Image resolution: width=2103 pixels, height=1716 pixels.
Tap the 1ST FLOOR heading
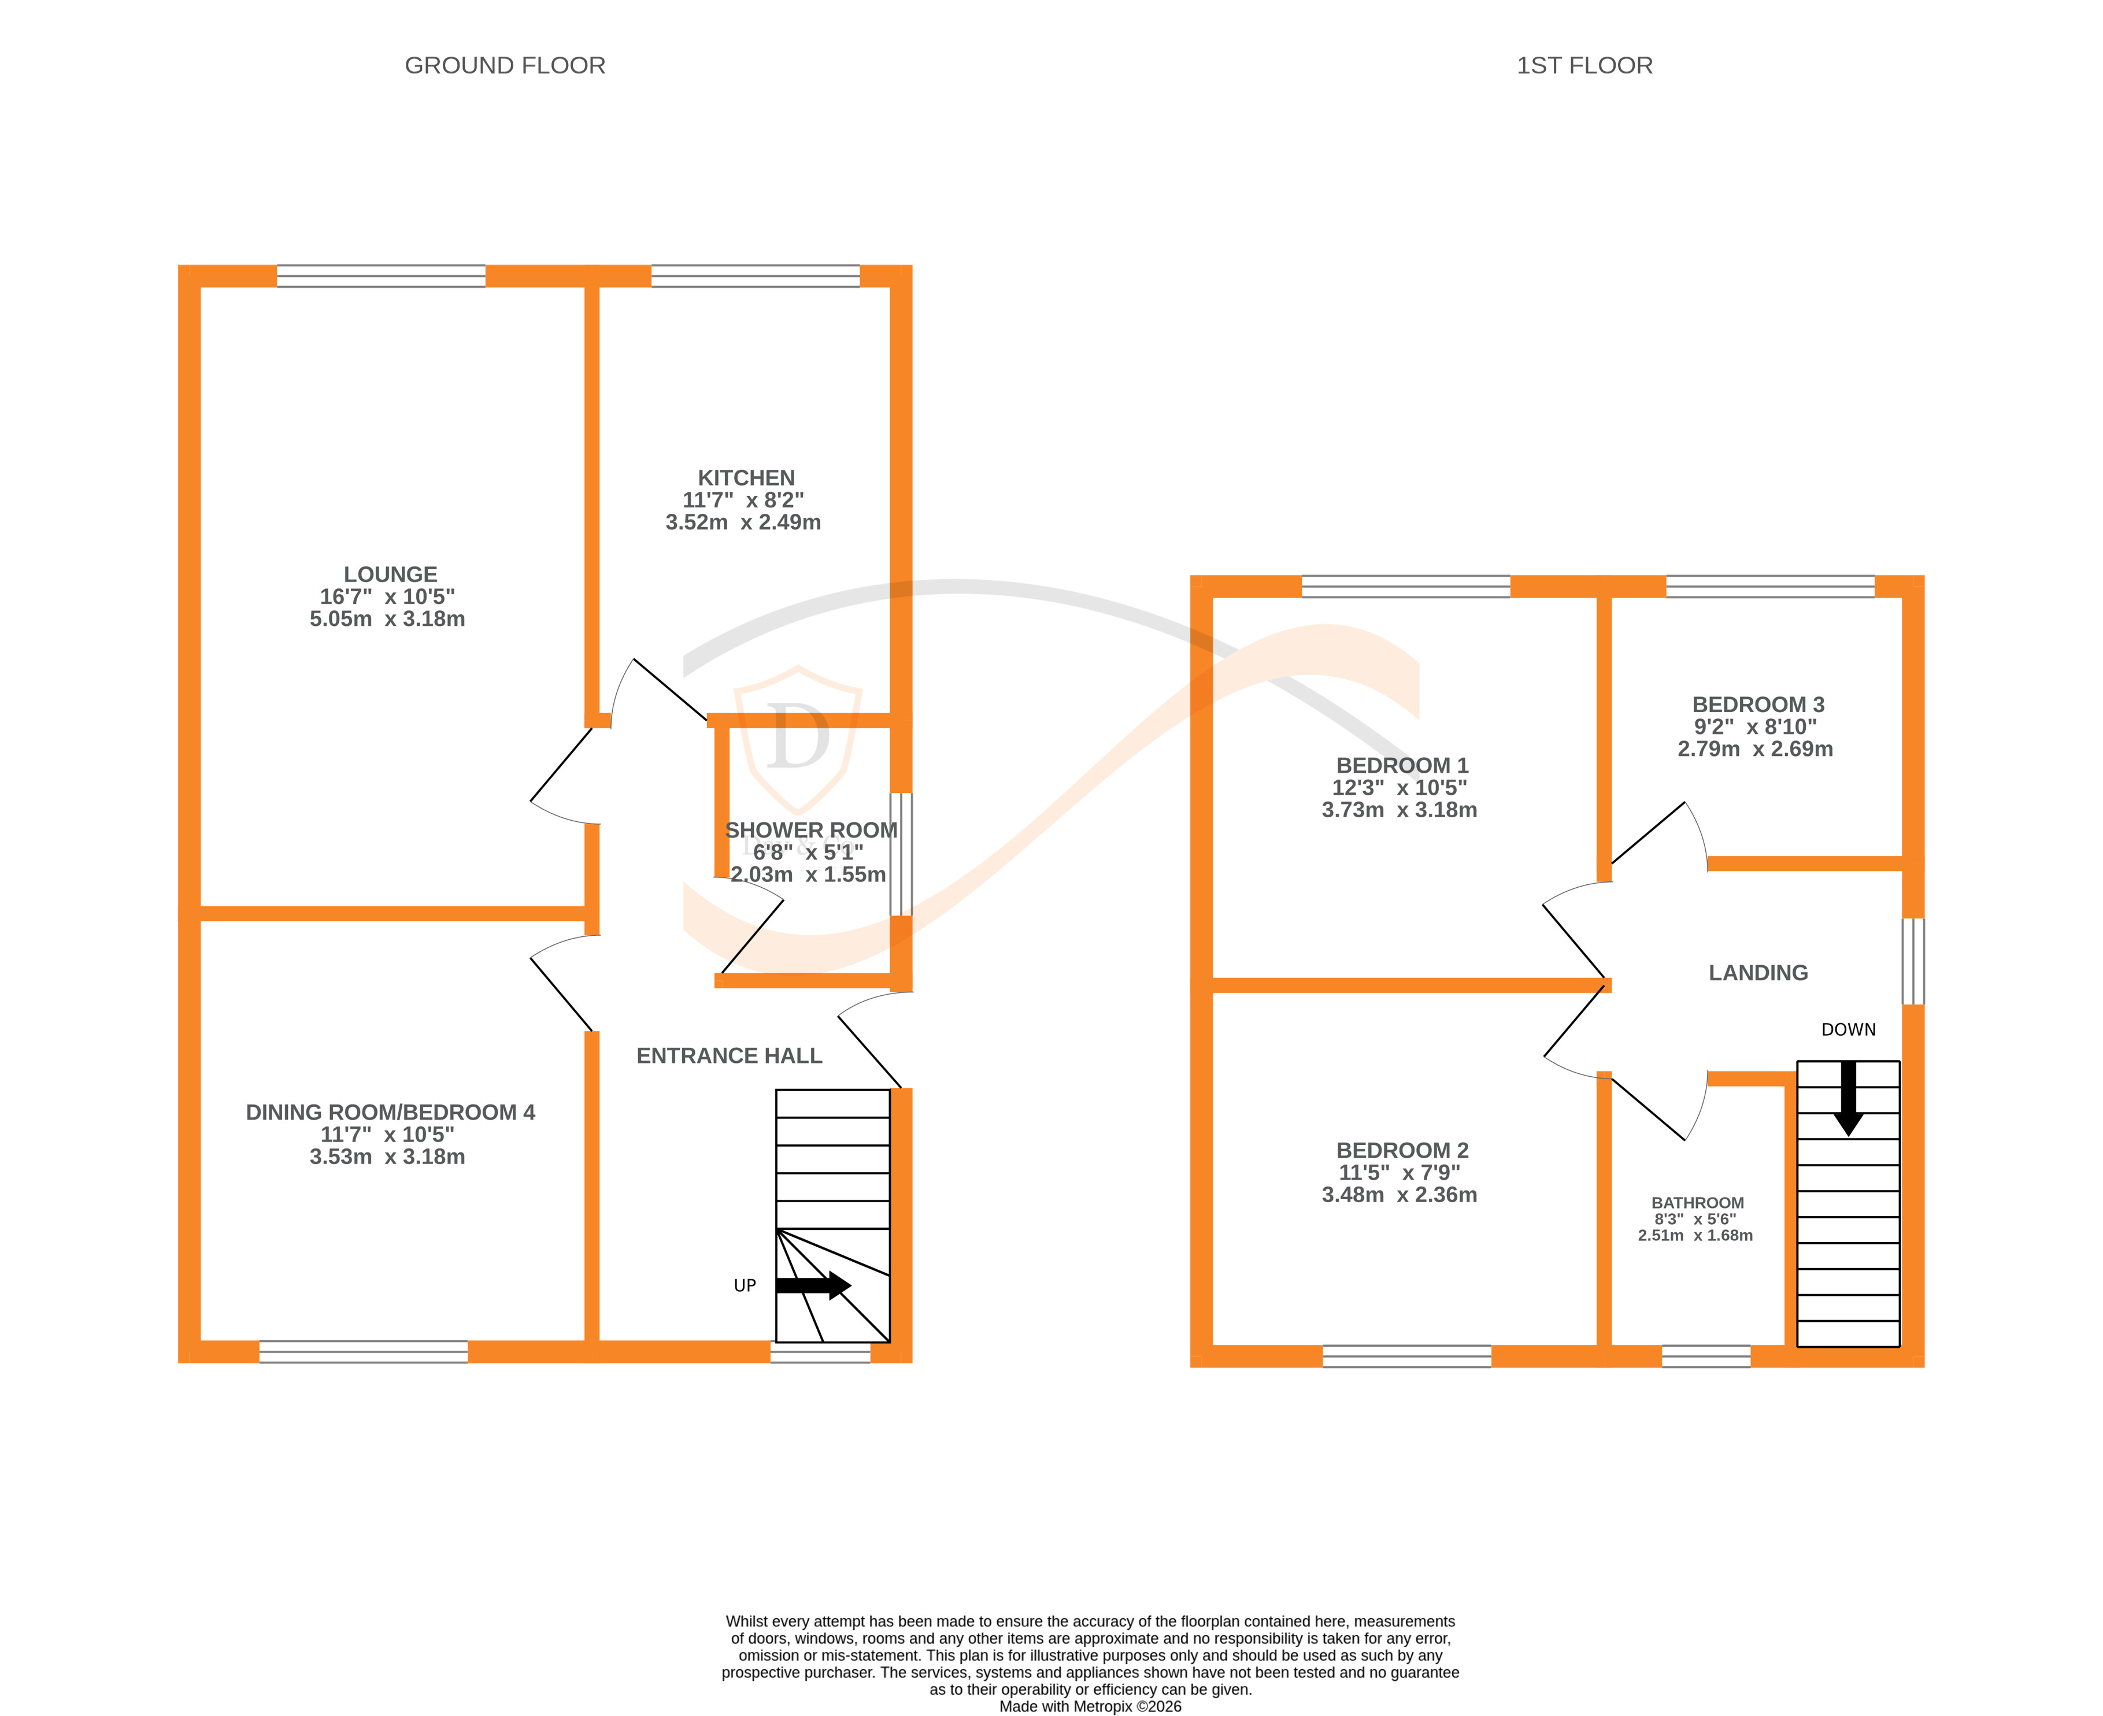point(1584,65)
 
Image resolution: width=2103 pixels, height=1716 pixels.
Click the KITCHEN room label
point(746,477)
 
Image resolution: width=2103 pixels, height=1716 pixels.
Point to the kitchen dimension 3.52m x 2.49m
point(743,522)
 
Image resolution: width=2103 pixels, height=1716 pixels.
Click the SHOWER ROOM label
point(811,831)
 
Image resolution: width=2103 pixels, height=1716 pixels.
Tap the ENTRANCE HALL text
point(729,1056)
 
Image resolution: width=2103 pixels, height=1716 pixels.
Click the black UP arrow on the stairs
point(813,1285)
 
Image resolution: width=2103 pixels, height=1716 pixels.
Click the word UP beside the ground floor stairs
point(745,1285)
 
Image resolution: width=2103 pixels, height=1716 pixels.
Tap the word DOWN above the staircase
point(1848,1029)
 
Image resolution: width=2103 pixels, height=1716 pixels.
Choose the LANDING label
point(1758,973)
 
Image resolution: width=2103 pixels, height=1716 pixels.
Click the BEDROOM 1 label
point(1402,765)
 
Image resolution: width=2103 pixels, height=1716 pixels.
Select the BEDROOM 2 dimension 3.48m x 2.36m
point(1399,1194)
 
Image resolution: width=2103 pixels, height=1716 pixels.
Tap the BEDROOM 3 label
point(1758,705)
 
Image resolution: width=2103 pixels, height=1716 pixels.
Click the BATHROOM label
point(1698,1203)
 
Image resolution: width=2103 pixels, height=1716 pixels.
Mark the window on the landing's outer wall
point(1913,961)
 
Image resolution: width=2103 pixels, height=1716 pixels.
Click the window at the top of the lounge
point(381,276)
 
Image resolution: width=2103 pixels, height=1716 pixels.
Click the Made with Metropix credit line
point(1090,1706)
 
